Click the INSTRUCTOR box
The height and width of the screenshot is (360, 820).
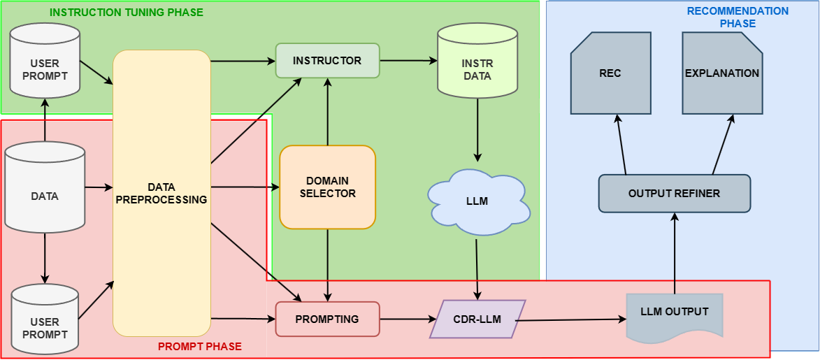point(327,61)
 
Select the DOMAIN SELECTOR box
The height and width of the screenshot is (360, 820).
point(327,187)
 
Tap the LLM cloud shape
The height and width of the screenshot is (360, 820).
point(477,201)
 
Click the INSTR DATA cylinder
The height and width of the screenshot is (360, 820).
point(477,69)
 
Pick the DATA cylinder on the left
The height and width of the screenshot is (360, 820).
point(45,196)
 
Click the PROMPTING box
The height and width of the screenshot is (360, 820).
point(327,319)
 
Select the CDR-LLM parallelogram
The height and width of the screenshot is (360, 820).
point(477,319)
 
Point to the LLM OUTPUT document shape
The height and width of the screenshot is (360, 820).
point(674,313)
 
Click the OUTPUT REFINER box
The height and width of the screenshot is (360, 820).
point(674,194)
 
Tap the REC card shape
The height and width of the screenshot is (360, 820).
point(610,73)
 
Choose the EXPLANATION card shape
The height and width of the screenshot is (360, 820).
point(721,73)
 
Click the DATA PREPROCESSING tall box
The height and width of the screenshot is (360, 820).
point(161,194)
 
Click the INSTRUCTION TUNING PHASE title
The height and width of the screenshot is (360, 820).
point(127,13)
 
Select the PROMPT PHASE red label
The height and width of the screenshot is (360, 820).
point(199,347)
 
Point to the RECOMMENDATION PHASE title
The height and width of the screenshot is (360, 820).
point(737,17)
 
